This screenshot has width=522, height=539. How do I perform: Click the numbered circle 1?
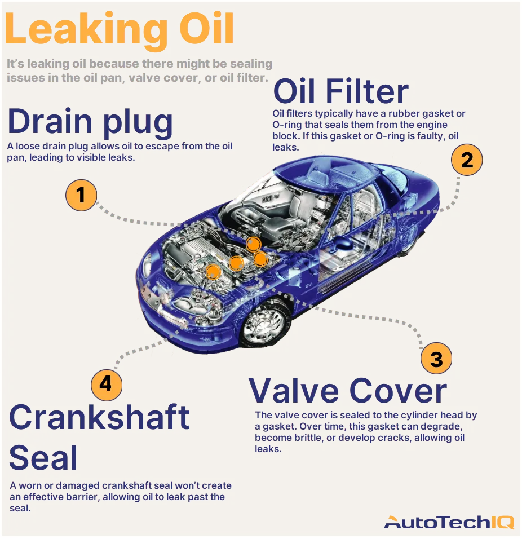[x=81, y=195]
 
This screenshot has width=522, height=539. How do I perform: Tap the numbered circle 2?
[x=467, y=161]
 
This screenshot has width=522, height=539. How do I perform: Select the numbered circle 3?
[x=436, y=359]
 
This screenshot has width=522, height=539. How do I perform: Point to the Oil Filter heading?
[x=340, y=91]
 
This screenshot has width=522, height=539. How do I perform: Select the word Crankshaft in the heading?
[x=99, y=418]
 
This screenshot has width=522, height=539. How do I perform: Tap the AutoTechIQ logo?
[x=449, y=522]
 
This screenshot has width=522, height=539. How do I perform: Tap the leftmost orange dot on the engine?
[x=213, y=271]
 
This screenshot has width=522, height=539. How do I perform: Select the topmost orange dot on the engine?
[x=254, y=244]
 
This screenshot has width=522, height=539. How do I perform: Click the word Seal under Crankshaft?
[x=43, y=458]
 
